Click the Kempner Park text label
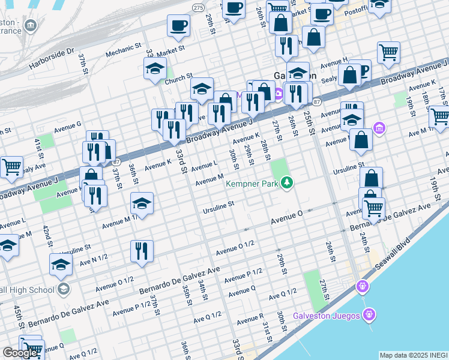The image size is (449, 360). pos(252,184)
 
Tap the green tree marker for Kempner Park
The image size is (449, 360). pos(288,182)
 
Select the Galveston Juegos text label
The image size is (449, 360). pos(327,316)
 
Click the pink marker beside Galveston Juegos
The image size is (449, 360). pos(369,314)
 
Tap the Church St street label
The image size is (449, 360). pos(178,77)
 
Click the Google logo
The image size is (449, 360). pos(20,353)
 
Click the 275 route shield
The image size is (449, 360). pos(198,7)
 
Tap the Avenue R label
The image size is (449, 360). pos(250,320)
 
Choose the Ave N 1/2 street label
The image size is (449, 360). pos(94,257)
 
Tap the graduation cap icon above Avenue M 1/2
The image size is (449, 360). pos(142,203)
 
